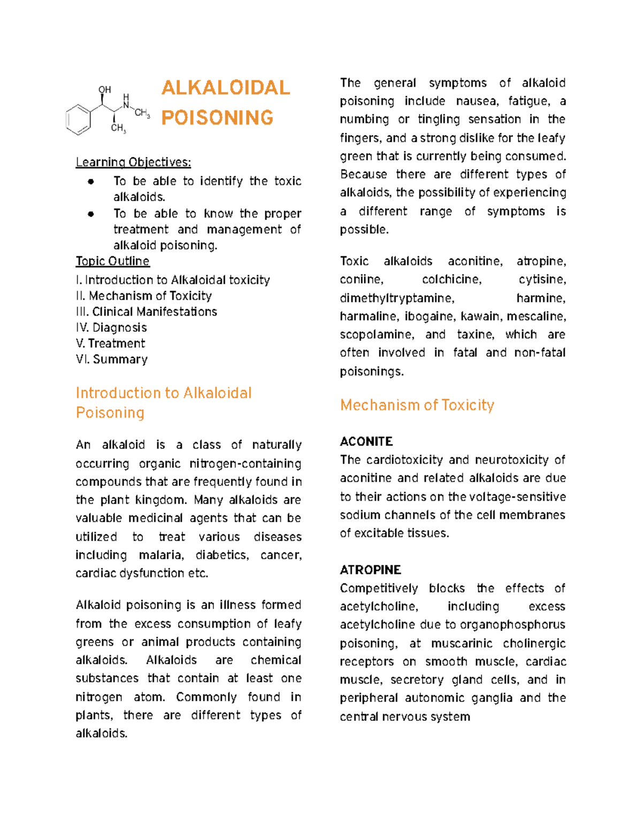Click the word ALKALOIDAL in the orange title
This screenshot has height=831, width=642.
(225, 88)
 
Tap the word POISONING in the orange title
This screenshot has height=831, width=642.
(217, 118)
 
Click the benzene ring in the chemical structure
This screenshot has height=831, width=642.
(78, 119)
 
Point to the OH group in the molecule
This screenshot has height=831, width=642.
(105, 90)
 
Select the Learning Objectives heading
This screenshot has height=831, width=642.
(133, 162)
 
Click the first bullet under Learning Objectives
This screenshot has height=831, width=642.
(91, 181)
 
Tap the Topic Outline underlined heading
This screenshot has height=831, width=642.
(112, 261)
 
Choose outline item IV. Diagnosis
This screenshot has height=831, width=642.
(111, 327)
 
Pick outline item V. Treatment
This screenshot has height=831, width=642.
(110, 344)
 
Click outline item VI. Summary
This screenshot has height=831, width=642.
(111, 360)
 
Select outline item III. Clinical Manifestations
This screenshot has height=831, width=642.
(146, 312)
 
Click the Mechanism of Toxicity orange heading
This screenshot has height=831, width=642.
(417, 405)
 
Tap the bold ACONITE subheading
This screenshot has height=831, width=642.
(366, 441)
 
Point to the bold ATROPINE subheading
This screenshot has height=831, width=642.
(370, 570)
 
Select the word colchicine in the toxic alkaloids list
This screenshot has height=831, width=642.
(452, 280)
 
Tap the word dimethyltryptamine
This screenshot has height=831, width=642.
(396, 298)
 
